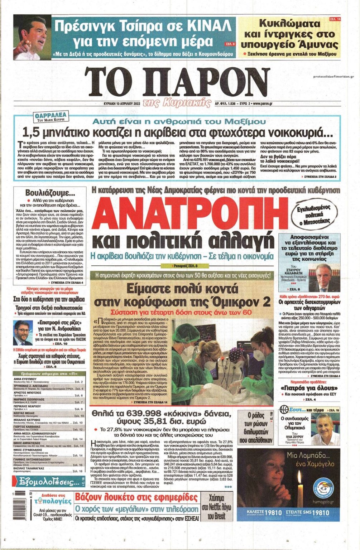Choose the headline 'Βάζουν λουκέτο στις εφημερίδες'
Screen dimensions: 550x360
(x=136, y=497)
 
